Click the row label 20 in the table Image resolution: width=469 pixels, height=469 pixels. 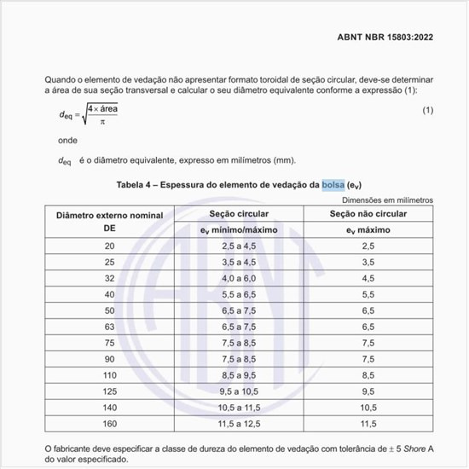[x=109, y=246]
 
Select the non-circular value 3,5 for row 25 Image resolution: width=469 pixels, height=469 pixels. [x=368, y=263]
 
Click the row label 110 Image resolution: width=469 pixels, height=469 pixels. [x=109, y=374]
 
